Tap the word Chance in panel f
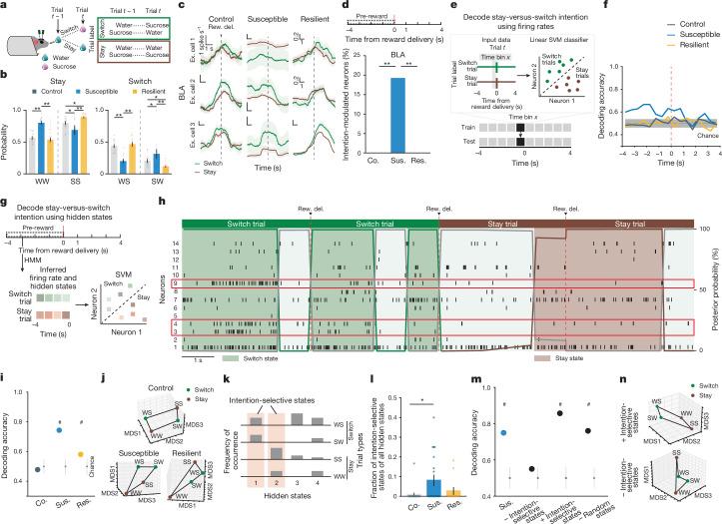[x=701, y=126]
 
